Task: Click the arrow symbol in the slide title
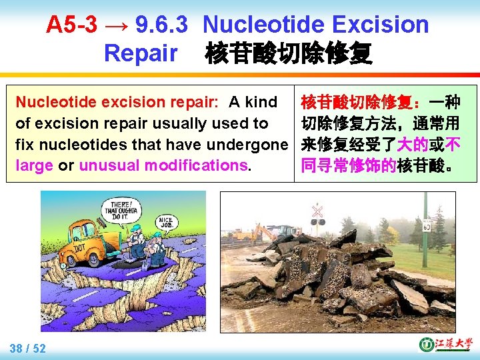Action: click(116, 25)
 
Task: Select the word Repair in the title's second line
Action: click(141, 53)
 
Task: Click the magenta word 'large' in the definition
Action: click(34, 165)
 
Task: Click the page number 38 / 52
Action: click(28, 347)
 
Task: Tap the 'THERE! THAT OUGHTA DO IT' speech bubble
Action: click(122, 209)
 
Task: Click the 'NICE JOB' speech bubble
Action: click(167, 221)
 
